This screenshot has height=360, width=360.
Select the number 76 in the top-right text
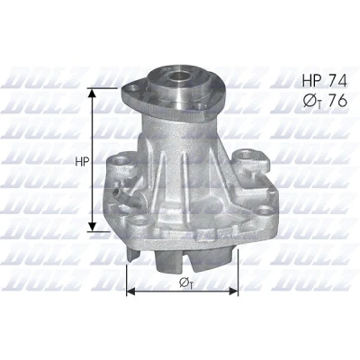(x=337, y=101)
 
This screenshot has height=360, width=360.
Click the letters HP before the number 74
(x=312, y=81)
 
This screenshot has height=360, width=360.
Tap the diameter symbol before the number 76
(x=310, y=102)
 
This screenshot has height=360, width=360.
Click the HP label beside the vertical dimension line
(x=82, y=162)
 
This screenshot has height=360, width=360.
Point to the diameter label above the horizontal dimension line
(x=185, y=283)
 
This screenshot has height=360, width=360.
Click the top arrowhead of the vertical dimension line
(x=93, y=93)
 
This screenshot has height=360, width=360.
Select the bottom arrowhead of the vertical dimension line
(x=93, y=227)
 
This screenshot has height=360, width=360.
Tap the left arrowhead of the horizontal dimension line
(x=130, y=291)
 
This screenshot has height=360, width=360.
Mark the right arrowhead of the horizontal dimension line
(x=233, y=291)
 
